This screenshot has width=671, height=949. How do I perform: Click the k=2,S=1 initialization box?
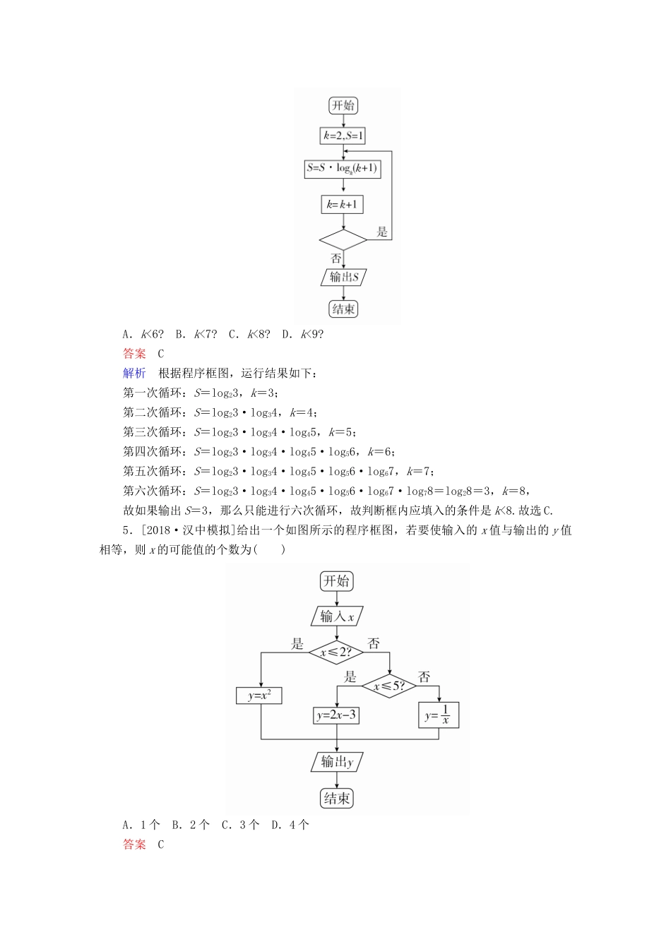tap(343, 136)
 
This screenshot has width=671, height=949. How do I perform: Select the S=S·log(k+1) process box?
tap(343, 169)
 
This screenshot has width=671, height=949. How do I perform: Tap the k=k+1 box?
tap(343, 205)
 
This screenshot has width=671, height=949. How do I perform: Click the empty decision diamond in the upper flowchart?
tap(343, 240)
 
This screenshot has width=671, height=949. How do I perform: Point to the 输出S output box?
tap(344, 277)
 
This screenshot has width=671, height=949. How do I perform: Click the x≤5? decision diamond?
tap(389, 686)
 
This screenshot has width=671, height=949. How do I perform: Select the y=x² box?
tap(260, 696)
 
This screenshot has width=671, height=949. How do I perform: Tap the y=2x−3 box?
tap(336, 715)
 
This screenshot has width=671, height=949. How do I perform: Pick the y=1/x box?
tap(438, 715)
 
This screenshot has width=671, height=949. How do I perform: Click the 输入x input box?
tap(336, 616)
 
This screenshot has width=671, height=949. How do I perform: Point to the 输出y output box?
tap(336, 761)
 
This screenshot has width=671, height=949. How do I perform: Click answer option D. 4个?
tap(290, 825)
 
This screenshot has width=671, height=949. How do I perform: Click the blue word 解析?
tap(134, 374)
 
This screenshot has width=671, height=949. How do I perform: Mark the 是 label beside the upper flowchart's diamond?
tap(382, 232)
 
